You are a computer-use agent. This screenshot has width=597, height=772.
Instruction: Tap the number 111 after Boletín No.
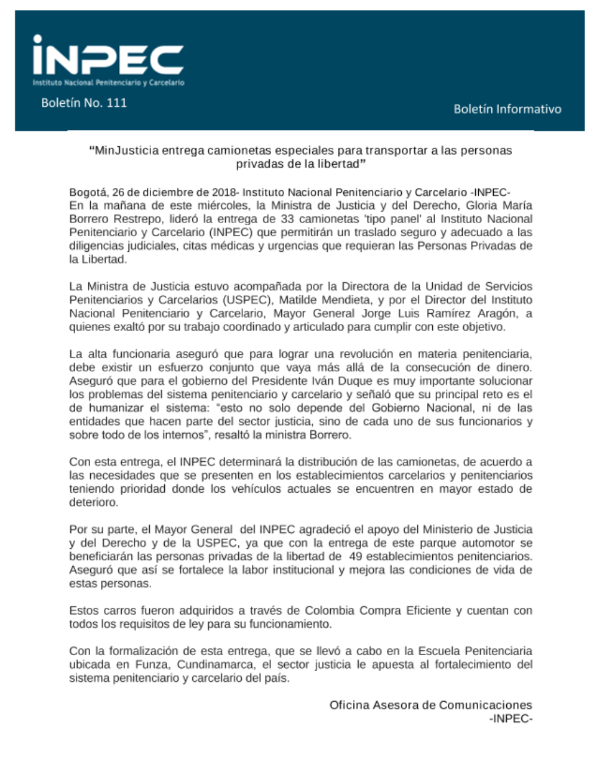(x=116, y=103)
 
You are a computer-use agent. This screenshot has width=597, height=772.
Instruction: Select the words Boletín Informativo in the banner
(x=507, y=109)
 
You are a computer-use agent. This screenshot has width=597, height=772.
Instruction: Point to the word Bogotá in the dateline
(x=88, y=192)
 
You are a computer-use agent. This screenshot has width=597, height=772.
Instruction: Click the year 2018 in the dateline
(x=224, y=192)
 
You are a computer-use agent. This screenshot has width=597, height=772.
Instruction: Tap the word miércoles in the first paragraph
(x=224, y=205)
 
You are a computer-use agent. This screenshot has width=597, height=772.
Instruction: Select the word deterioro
(x=93, y=502)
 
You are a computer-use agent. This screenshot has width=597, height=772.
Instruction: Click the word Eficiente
(x=428, y=610)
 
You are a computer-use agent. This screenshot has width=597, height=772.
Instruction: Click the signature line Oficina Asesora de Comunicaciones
(x=430, y=705)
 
